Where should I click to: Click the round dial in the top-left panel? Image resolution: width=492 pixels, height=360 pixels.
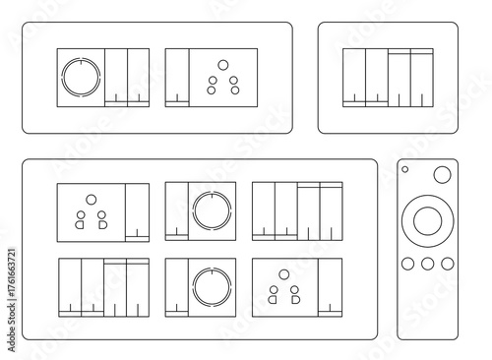(81, 76)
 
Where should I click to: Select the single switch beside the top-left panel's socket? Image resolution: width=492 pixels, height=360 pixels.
(177, 76)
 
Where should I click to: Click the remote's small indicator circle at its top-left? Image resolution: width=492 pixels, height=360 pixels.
(404, 170)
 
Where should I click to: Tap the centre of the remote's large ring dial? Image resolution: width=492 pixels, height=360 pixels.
(427, 219)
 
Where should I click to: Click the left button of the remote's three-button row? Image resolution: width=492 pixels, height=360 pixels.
(408, 264)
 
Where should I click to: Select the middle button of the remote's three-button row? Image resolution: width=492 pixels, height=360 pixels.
(427, 264)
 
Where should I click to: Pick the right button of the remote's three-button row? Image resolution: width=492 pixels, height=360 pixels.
(446, 264)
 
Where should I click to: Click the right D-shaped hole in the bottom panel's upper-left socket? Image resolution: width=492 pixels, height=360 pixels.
(102, 225)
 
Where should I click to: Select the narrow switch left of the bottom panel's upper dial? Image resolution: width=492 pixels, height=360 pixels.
(176, 210)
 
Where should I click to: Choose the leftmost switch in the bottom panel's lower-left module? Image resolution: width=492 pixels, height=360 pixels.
(69, 286)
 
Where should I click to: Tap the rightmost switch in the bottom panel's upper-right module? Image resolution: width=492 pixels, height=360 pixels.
(331, 210)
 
